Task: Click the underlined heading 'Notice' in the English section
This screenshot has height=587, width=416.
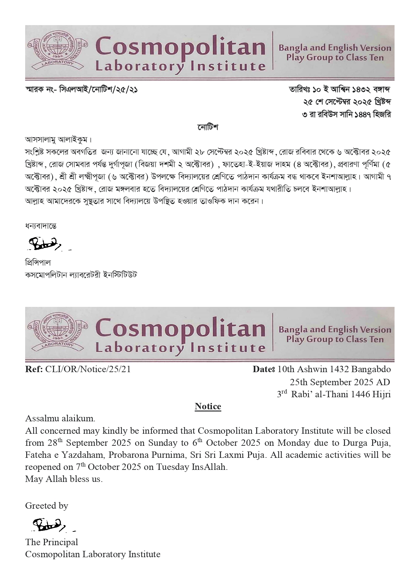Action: click(x=208, y=406)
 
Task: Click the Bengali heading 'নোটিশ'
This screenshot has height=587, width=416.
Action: click(x=207, y=127)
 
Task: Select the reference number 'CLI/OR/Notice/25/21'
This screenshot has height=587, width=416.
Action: click(x=88, y=369)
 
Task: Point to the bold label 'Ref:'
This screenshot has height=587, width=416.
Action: click(x=34, y=369)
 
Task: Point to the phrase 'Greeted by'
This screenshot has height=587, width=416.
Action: click(x=47, y=506)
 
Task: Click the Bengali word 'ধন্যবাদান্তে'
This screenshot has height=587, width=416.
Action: click(x=41, y=226)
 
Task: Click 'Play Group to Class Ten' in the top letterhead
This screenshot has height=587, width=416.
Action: click(x=335, y=58)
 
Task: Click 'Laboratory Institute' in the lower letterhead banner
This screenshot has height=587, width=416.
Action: click(x=180, y=347)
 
